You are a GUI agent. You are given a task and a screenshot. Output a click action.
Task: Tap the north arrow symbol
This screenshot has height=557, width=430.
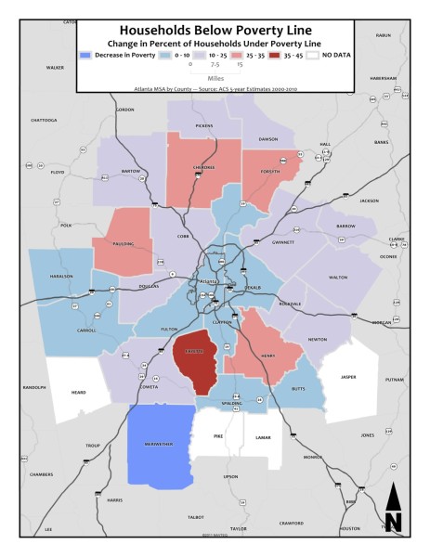pyautogui.click(x=393, y=509)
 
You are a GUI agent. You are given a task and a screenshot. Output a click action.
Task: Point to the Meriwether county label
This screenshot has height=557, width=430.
pyautogui.click(x=159, y=443)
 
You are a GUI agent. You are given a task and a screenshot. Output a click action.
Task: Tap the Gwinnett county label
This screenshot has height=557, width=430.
pyautogui.click(x=283, y=242)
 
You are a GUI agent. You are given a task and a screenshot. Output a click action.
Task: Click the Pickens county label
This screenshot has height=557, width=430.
pyautogui.click(x=204, y=124)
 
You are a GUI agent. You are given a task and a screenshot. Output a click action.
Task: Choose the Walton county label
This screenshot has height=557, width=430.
pyautogui.click(x=338, y=277)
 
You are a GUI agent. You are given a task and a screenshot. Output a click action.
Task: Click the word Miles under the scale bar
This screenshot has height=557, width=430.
pyautogui.click(x=215, y=80)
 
